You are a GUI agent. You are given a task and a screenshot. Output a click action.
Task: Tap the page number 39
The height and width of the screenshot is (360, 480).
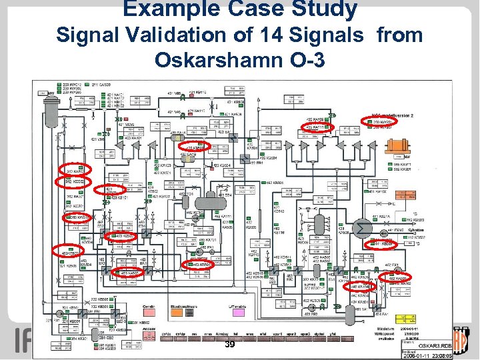[230, 345]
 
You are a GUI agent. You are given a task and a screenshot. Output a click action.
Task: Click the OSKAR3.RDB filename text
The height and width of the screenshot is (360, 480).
[435, 345]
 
